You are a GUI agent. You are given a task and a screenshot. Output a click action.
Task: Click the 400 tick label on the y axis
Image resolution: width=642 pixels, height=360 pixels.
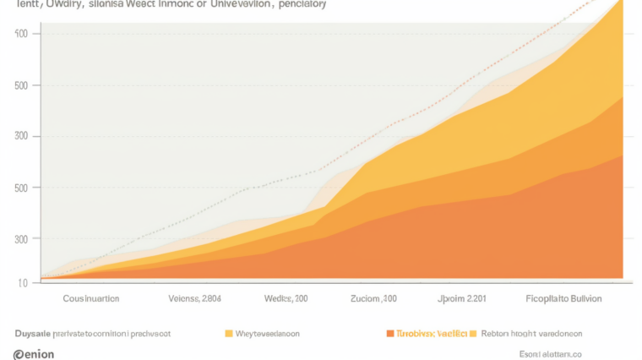click(21, 34)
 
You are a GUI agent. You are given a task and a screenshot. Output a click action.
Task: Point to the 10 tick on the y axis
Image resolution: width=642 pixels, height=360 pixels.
click(23, 281)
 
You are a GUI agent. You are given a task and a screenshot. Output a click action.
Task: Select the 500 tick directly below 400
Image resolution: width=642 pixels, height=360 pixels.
click(21, 85)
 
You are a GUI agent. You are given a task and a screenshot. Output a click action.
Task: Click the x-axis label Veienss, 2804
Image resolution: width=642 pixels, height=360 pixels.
click(195, 299)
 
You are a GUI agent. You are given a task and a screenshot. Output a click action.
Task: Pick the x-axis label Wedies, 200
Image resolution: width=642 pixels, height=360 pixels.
click(286, 299)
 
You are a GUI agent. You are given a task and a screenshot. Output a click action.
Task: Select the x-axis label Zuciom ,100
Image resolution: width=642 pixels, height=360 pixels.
click(373, 299)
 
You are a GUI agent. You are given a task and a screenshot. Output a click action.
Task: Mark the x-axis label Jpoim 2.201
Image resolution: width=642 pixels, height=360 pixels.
click(461, 299)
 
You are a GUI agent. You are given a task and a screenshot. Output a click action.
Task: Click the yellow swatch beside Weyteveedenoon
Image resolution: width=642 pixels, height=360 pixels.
click(228, 334)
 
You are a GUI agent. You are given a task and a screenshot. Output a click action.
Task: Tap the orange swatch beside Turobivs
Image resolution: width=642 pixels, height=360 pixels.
click(389, 334)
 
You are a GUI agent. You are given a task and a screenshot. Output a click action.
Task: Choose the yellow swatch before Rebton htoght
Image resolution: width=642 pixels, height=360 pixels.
click(473, 334)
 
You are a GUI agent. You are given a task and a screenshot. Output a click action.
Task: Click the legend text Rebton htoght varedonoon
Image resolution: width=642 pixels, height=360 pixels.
click(531, 334)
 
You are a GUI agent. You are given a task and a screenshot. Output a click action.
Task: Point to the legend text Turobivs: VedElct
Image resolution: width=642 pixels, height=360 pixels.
click(432, 334)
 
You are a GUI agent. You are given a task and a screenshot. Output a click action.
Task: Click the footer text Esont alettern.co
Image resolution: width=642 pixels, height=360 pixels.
click(550, 354)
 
